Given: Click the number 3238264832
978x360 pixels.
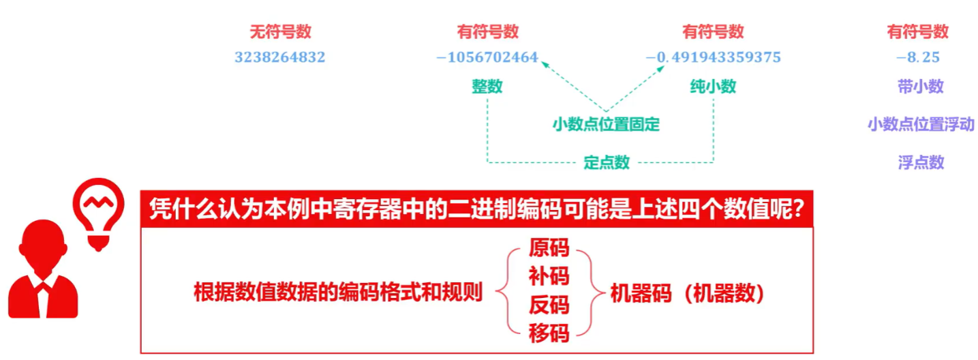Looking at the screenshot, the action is coord(279,57).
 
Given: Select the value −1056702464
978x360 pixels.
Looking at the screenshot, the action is coord(487,57).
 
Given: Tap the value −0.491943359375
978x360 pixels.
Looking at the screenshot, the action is coord(713,57).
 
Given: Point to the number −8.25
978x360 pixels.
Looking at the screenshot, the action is coord(917,57).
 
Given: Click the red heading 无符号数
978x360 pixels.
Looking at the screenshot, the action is coord(280,31).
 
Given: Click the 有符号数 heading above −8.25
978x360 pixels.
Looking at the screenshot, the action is coord(917,31).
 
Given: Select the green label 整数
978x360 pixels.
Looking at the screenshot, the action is coord(487,87).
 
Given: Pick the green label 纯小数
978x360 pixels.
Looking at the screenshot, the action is coord(713,87).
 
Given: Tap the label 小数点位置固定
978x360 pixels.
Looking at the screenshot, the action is coord(606,125).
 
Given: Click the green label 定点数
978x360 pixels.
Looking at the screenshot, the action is coord(607,162).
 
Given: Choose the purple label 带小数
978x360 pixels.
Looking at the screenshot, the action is coord(921,87).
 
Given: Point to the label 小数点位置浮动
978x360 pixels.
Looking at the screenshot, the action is coord(921,125).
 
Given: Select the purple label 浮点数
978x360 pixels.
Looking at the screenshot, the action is coord(921,162).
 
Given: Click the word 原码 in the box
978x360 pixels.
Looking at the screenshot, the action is coord(549,247).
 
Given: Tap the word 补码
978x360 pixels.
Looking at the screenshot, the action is coord(549,276).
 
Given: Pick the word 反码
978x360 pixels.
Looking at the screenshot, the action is coord(549,305).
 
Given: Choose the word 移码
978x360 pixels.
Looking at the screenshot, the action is coord(549,333).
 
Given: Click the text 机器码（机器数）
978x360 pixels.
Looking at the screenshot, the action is coord(687,293).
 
